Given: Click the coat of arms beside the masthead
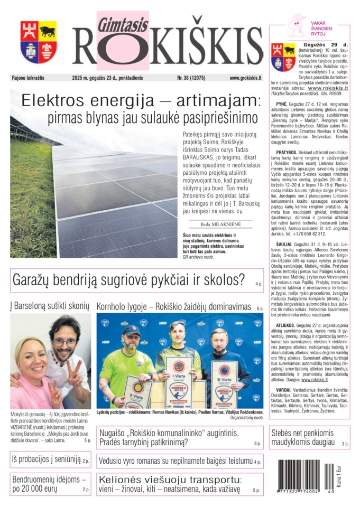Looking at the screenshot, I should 39,42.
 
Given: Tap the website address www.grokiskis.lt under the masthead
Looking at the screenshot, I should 245,78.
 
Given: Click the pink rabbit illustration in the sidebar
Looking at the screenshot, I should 297,25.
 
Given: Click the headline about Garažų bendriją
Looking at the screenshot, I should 128,280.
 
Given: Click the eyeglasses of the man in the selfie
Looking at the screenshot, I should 64,342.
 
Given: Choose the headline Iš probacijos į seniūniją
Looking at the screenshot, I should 46,459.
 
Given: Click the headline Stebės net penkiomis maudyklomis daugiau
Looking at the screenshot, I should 303,438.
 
